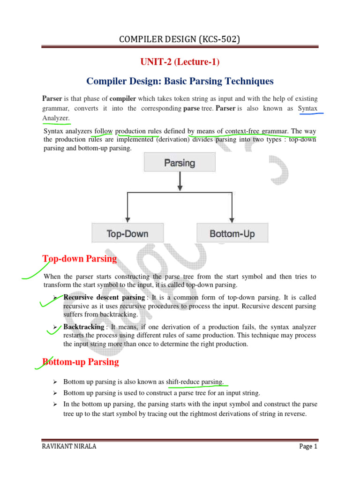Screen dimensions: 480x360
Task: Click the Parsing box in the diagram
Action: [180, 163]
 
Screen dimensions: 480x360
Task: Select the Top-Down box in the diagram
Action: [127, 233]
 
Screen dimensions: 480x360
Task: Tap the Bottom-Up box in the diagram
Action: [232, 233]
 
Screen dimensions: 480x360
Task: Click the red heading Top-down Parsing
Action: [80, 259]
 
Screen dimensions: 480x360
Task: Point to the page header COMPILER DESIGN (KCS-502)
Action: [180, 39]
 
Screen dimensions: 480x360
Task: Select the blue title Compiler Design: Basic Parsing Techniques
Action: [180, 81]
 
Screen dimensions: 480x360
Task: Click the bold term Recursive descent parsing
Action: [104, 298]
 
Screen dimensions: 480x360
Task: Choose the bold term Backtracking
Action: [83, 327]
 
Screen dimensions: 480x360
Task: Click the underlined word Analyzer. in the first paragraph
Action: [56, 118]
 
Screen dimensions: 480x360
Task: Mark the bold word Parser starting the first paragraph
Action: [52, 98]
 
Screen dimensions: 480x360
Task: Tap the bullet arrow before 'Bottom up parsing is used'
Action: [55, 393]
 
